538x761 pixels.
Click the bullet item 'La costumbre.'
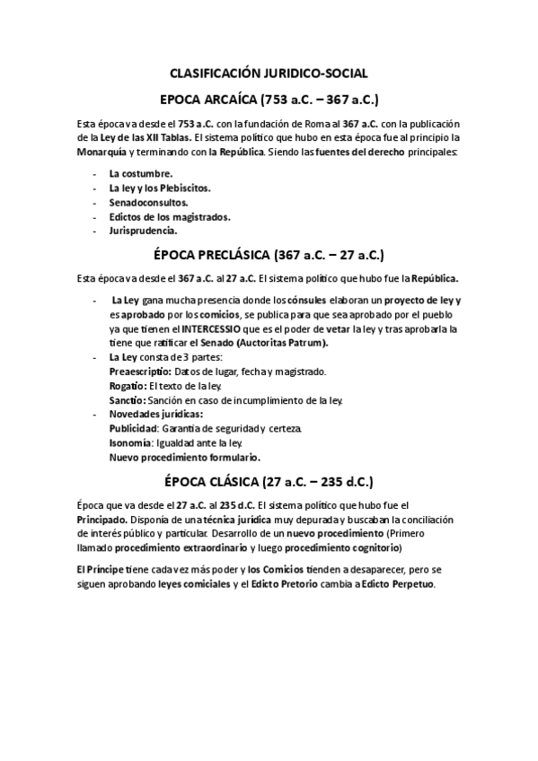(x=141, y=172)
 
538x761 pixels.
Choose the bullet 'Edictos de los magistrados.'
(x=170, y=216)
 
